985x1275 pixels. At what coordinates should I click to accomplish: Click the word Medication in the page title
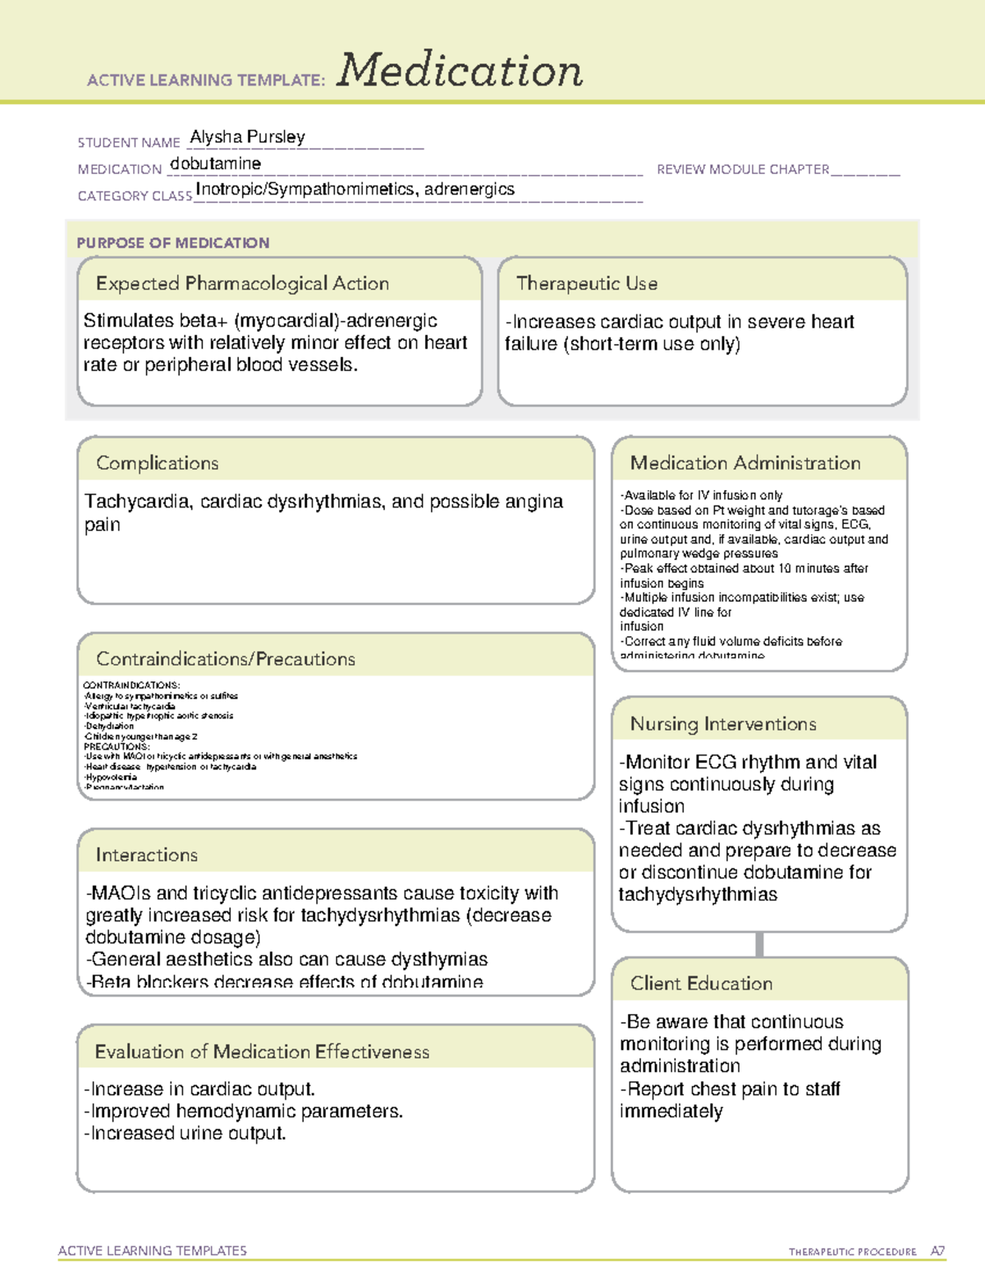[460, 71]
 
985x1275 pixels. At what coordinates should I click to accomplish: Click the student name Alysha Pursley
[247, 137]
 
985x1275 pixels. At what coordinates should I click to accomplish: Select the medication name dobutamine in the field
[215, 163]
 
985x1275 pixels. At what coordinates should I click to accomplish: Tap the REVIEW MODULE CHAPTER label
[743, 170]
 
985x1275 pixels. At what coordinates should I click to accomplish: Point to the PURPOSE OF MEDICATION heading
[172, 243]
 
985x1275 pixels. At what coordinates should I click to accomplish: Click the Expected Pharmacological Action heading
[242, 283]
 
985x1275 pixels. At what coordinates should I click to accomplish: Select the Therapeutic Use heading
[586, 283]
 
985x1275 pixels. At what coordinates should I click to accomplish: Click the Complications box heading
[157, 463]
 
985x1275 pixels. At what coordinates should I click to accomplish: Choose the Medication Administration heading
[744, 463]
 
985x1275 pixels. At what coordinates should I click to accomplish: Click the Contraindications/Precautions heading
[225, 658]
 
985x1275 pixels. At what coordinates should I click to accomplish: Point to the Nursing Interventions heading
[722, 724]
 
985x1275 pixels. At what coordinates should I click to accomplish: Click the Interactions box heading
[146, 855]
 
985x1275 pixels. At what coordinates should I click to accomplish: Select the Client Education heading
[701, 984]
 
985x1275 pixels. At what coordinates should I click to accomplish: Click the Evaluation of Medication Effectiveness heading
[262, 1052]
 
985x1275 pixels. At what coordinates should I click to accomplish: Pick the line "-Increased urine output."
[186, 1134]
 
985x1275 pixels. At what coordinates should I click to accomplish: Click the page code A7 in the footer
[937, 1251]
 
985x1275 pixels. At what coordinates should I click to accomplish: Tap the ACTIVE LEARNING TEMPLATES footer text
[153, 1250]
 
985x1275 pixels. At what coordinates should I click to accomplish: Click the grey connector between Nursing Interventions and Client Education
[759, 944]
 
